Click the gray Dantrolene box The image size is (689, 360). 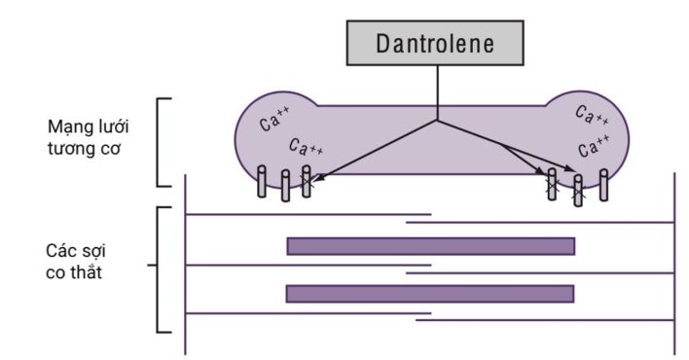[x=436, y=43]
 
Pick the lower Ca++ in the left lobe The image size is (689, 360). [x=307, y=147]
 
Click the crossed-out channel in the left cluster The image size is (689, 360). [x=307, y=182]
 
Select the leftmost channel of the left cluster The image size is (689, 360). [x=262, y=182]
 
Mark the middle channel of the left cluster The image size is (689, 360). [x=285, y=186]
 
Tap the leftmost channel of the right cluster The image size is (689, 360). [x=552, y=184]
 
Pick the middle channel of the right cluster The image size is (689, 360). [x=578, y=190]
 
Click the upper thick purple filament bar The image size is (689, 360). [x=430, y=246]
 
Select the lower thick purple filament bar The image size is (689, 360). [x=430, y=293]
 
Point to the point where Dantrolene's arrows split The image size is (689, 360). [x=436, y=122]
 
